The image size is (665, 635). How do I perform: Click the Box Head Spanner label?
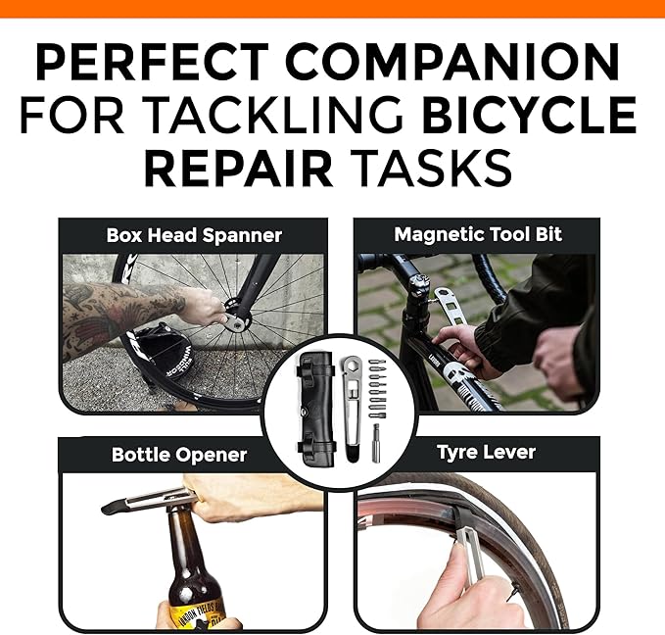(193, 235)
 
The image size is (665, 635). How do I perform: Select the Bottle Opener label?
(179, 455)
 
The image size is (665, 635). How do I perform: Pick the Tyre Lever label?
(486, 453)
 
